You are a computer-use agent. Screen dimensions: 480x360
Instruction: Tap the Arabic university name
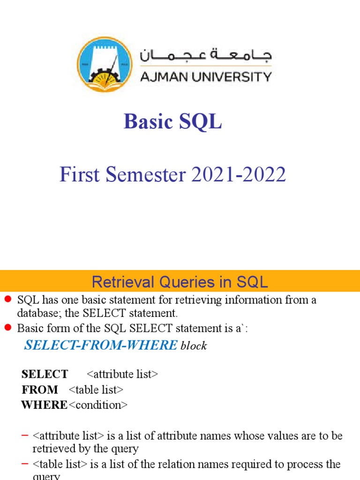coord(206,56)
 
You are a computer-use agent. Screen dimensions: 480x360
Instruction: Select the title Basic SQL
coord(172,122)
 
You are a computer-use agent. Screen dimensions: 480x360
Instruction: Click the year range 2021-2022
coord(238,175)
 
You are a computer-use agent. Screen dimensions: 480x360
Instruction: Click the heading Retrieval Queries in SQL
coord(180,282)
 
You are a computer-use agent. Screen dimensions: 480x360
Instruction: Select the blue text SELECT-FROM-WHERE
coord(101,345)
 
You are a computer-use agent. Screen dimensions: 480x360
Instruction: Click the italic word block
coord(194,346)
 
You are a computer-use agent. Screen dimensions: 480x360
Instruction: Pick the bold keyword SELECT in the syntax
coord(45,374)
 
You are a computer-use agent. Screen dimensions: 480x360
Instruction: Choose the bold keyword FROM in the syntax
coord(40,390)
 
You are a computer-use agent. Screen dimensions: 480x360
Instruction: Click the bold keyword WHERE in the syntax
coord(44,405)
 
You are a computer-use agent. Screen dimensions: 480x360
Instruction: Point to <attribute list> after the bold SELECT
coord(122,374)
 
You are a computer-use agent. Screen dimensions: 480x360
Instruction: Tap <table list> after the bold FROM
coord(96,390)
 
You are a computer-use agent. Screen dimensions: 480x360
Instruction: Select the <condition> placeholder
coord(98,405)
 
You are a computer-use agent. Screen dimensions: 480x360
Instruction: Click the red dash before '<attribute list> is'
coord(25,436)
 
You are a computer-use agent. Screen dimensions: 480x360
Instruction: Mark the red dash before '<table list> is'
coord(25,464)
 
